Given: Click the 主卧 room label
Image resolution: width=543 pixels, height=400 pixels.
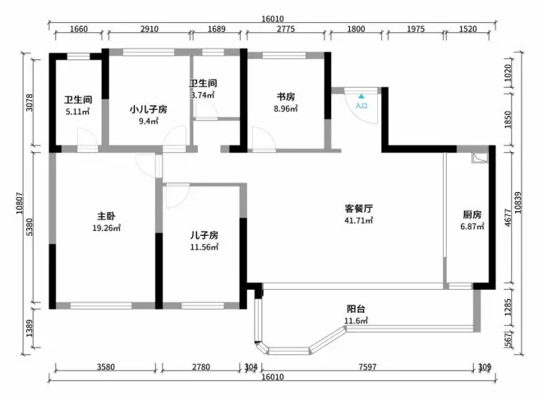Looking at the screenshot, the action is (106, 217).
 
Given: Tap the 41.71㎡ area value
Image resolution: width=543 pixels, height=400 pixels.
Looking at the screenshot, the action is (358, 220).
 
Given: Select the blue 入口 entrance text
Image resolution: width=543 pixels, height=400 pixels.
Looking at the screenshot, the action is (361, 105).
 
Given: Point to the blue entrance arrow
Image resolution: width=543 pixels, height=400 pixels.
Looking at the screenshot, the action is (361, 96).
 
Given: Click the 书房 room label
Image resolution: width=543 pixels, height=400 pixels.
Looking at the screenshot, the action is (286, 97).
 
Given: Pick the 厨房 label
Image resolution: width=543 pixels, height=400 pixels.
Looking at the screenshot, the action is (472, 214).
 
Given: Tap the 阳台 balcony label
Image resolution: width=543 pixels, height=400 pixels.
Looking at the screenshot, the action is (356, 309).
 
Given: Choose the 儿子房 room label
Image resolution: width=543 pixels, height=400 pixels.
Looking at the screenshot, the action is (204, 236).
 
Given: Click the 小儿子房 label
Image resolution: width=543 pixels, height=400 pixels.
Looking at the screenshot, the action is (148, 110).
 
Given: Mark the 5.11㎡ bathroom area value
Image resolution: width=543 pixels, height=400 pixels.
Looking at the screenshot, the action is (78, 112).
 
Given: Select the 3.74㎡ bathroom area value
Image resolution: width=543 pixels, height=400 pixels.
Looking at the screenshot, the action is (203, 94).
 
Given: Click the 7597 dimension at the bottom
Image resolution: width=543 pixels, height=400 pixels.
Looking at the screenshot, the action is (367, 366).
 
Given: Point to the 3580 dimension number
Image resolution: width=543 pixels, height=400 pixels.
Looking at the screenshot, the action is (106, 366).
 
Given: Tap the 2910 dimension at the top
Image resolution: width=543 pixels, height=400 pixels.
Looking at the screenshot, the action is (150, 29).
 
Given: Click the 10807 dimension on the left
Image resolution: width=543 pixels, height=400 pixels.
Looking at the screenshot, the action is (20, 204).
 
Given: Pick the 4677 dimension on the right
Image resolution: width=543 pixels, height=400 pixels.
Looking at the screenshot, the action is (508, 218).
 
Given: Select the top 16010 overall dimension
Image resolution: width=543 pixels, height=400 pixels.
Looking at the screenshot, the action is (273, 19).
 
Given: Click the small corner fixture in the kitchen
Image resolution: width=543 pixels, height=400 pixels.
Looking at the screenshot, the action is (480, 157).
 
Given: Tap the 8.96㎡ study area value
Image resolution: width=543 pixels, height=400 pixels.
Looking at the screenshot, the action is (286, 108).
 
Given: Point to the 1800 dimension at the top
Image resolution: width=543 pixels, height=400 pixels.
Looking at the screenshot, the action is (356, 29).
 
